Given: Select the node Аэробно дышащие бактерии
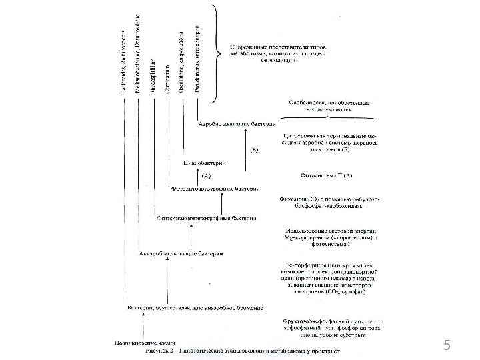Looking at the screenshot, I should [229, 124].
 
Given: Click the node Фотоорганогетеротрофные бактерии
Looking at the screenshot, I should [199, 217].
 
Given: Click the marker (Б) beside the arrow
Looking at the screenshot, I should [255, 150].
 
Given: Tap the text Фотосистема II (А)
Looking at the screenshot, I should [327, 176].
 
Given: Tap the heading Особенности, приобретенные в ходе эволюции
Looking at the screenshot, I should [327, 107].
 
